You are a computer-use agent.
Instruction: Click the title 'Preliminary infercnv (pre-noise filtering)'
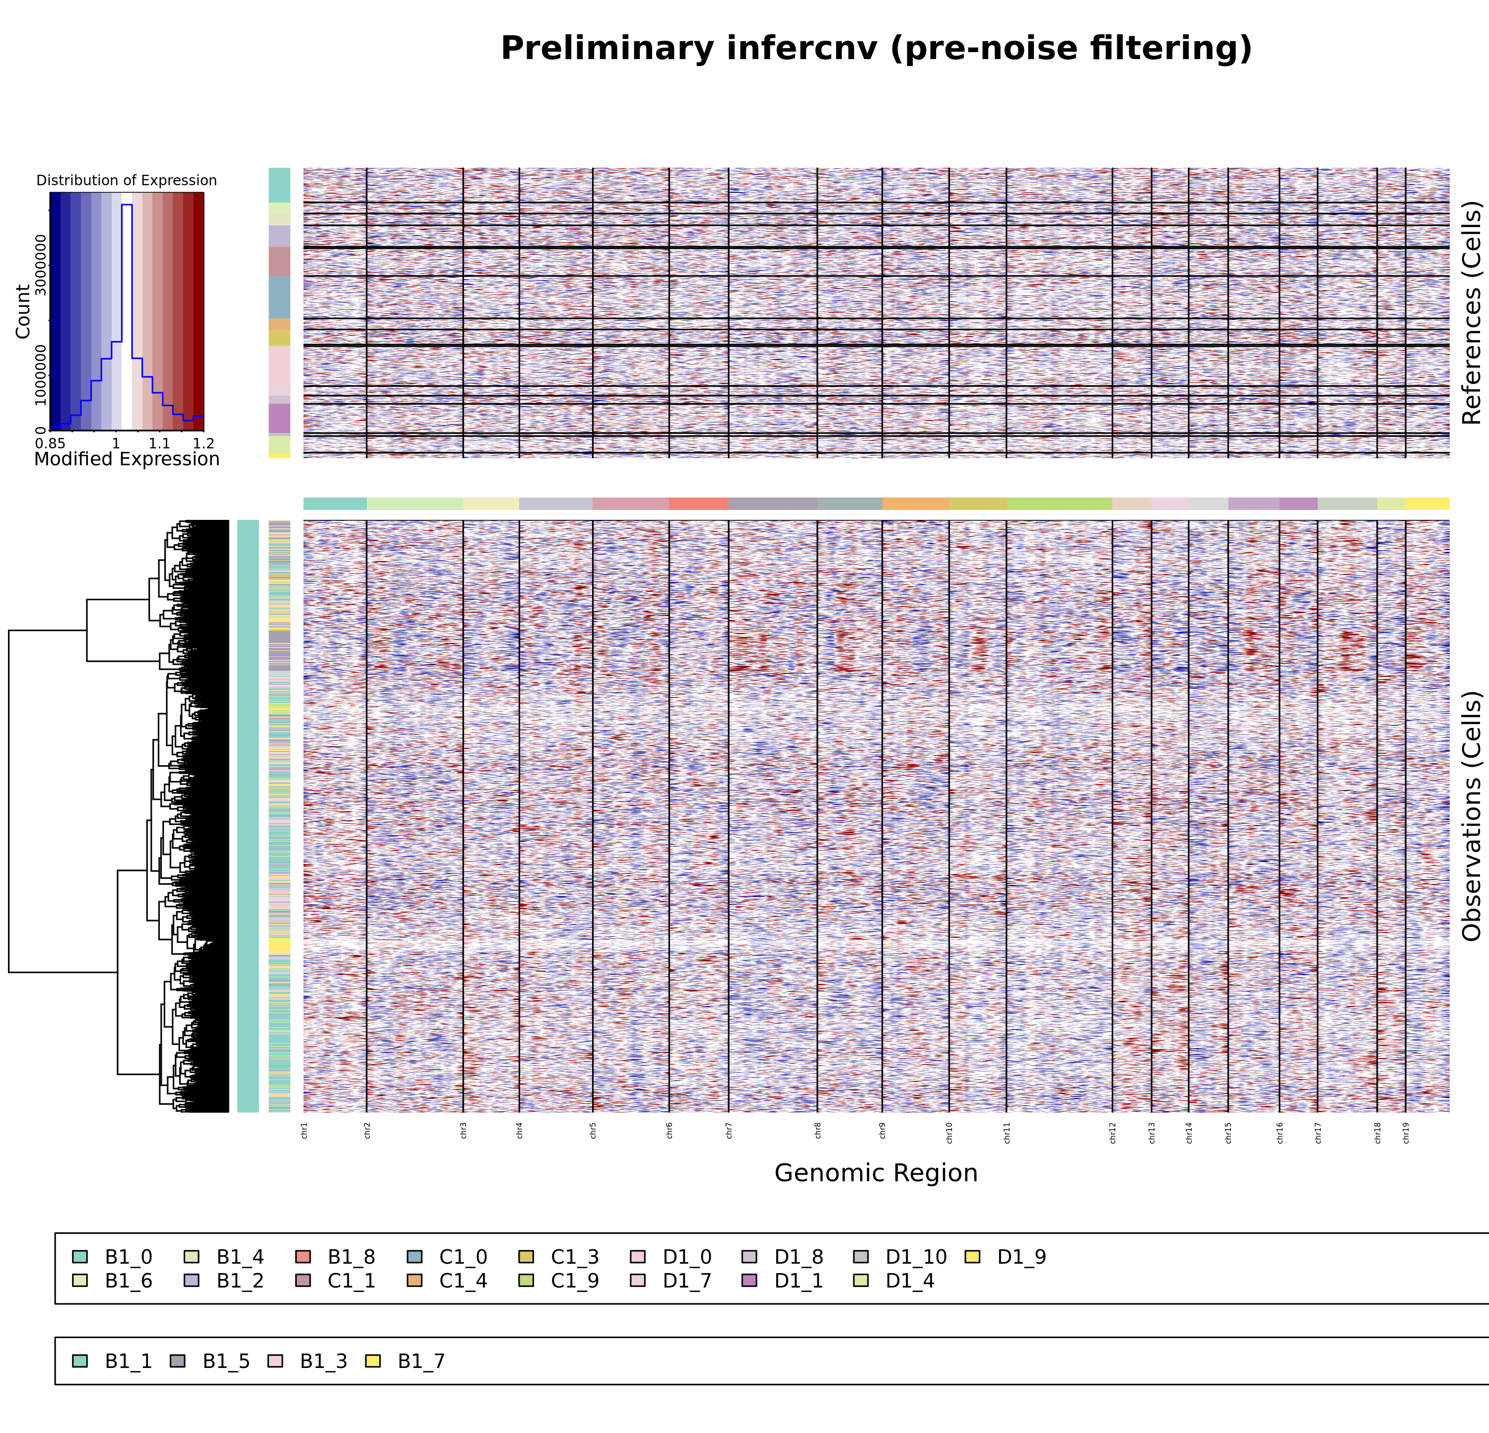(x=876, y=49)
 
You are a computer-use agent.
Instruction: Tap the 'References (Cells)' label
(x=1472, y=312)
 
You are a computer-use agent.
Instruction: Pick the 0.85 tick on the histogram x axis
(x=50, y=443)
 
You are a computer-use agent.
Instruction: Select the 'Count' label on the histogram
(x=23, y=311)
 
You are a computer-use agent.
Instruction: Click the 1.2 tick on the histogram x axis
(x=203, y=443)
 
